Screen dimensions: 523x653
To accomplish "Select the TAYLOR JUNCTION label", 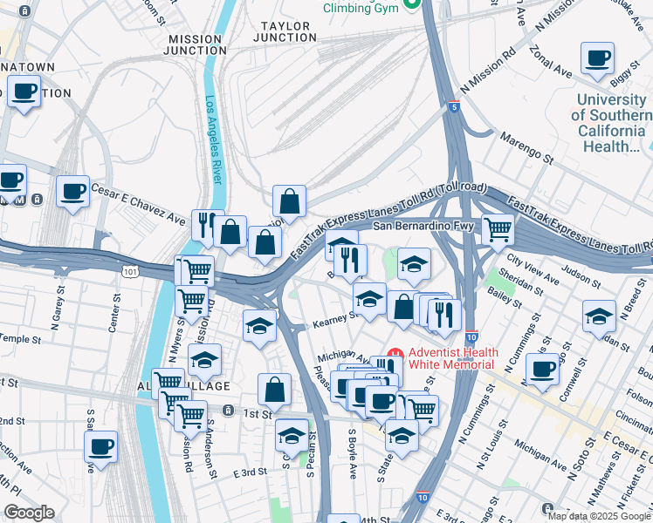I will pos(285,32).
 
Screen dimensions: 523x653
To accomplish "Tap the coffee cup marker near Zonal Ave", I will pos(598,59).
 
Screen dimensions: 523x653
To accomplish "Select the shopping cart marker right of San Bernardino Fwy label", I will pos(498,229).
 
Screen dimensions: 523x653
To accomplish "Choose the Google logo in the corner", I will pos(29,513).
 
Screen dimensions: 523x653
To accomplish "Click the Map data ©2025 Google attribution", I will pos(599,516).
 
